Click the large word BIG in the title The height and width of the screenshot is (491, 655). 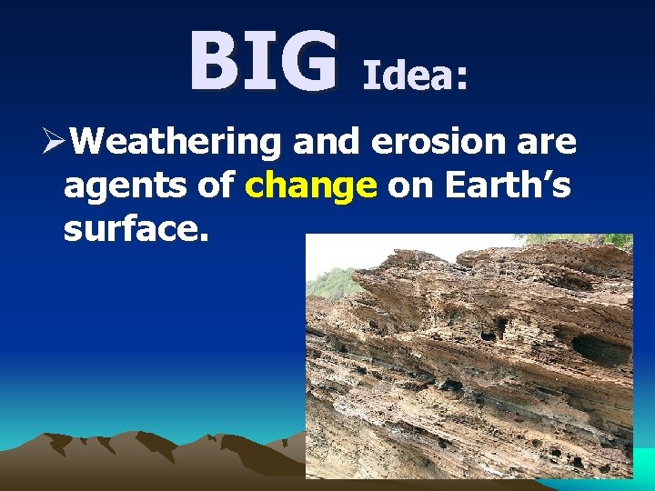pos(262,63)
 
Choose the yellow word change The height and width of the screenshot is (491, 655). pos(311,186)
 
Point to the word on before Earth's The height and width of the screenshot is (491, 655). pos(408,186)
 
